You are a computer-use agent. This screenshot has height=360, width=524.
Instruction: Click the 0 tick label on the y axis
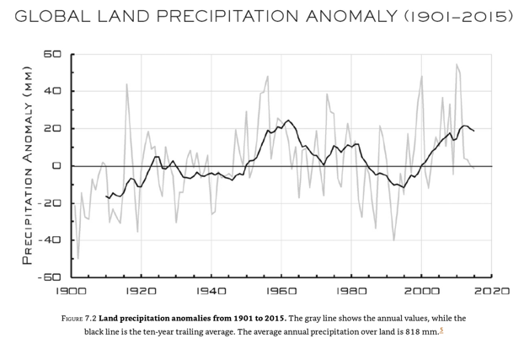(x=56, y=166)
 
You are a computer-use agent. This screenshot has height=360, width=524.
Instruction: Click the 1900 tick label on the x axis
(x=72, y=291)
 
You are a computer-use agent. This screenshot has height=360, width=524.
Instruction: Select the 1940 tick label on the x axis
(x=211, y=291)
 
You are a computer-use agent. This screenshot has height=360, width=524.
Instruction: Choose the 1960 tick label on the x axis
(x=282, y=291)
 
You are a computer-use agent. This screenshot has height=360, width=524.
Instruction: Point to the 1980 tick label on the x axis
(x=352, y=291)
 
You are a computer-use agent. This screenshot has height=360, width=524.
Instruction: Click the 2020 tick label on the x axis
(x=491, y=291)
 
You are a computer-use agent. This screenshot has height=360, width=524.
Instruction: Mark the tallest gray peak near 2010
(x=457, y=65)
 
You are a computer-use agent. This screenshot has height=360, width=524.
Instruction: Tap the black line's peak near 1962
(x=288, y=121)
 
